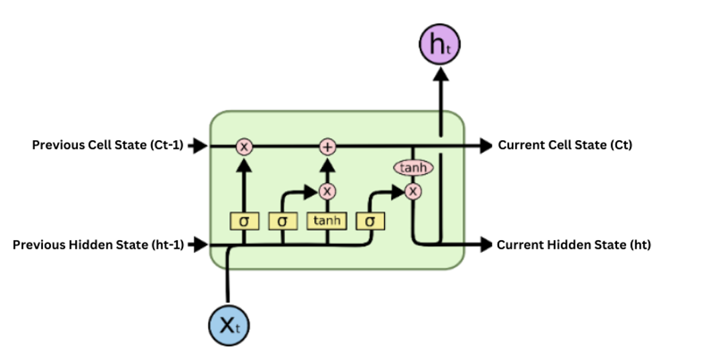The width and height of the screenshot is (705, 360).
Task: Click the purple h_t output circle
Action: pos(440,45)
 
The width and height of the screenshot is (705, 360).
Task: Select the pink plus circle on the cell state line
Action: pos(327,147)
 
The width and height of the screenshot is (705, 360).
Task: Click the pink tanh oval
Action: pos(413,168)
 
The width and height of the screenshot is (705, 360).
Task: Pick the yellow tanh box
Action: pos(327,220)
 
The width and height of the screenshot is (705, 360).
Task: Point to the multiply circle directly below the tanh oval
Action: pos(414,192)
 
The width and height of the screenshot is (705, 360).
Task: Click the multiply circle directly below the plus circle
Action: pos(327,191)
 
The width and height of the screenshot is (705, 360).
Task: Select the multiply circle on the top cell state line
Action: pos(243,147)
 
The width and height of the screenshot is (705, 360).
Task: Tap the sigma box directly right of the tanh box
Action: pos(370,220)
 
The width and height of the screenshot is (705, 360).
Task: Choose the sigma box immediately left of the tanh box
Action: pos(282,220)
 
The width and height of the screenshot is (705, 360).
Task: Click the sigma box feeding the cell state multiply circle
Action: pos(243,220)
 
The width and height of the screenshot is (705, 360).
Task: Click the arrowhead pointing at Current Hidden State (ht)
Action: pos(484,245)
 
